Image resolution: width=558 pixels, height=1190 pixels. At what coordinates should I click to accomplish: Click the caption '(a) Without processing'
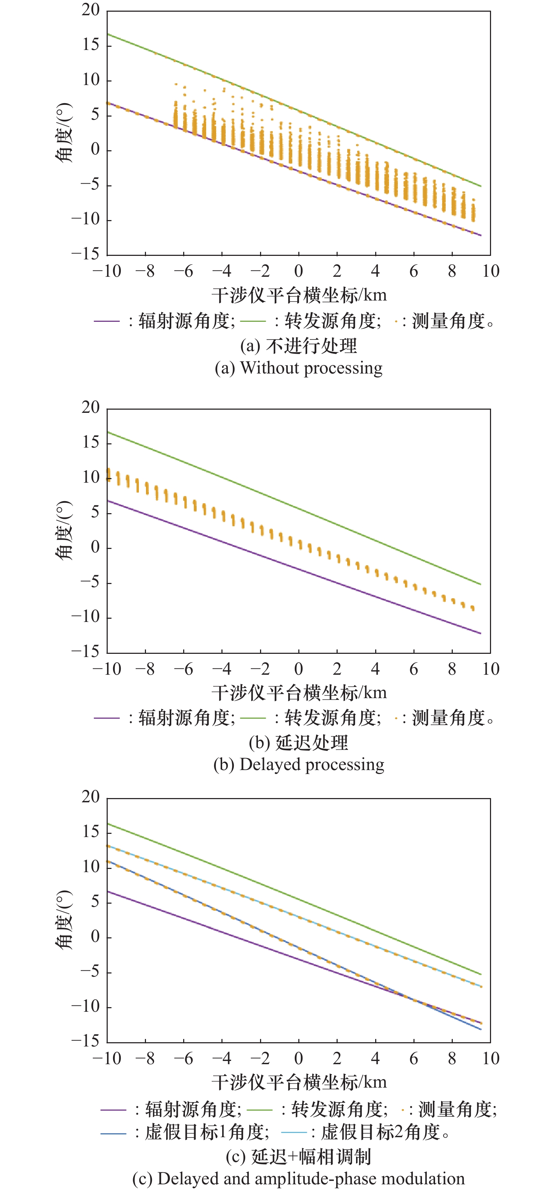click(x=298, y=368)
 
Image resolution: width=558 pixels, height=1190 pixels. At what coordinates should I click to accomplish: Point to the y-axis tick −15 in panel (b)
click(x=85, y=651)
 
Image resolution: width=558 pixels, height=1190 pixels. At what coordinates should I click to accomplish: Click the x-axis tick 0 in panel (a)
click(x=298, y=271)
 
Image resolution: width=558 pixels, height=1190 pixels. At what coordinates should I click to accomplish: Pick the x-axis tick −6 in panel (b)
click(x=184, y=669)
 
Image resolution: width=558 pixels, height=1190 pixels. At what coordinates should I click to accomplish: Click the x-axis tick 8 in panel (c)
click(x=452, y=1058)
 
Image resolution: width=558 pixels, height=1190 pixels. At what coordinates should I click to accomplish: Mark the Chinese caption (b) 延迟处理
click(x=298, y=742)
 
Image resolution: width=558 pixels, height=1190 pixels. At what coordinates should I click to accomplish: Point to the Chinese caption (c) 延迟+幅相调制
click(x=298, y=1156)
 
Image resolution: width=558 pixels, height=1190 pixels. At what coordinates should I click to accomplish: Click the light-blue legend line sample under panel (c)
click(x=294, y=1132)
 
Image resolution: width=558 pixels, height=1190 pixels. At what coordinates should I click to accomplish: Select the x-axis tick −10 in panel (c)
click(x=107, y=1058)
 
